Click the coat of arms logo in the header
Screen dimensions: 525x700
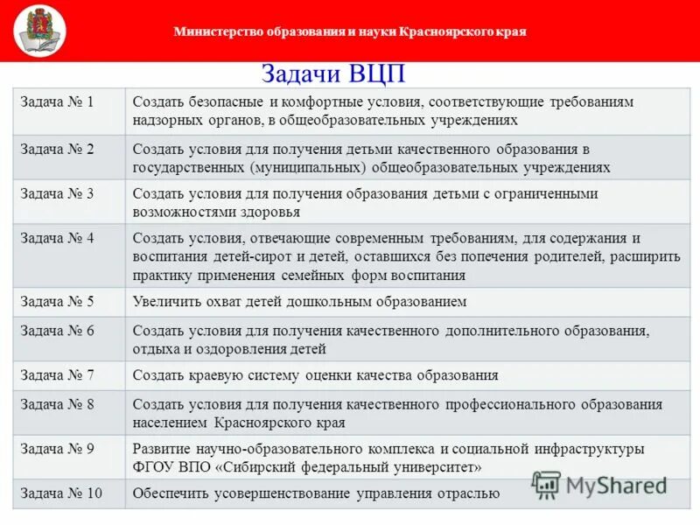click(39, 30)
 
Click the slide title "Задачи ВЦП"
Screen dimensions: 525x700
click(333, 73)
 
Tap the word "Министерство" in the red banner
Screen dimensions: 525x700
click(216, 31)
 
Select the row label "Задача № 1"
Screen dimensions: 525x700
click(57, 101)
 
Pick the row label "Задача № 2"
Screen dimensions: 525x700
click(57, 149)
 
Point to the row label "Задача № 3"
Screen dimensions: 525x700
click(57, 193)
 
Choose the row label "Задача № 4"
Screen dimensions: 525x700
click(57, 238)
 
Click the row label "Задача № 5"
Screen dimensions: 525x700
click(57, 301)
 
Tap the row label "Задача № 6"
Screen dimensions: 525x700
click(57, 331)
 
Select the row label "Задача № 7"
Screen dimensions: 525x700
click(57, 375)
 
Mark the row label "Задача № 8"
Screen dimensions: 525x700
click(57, 404)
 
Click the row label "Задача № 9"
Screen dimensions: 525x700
click(57, 449)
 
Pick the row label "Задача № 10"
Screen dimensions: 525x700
click(60, 493)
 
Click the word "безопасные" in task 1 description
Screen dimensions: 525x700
click(223, 101)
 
